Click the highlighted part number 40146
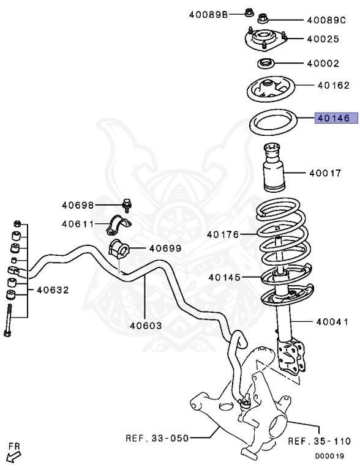point(332,118)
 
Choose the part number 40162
point(333,86)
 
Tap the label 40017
point(324,173)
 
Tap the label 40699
point(148,248)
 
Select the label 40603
point(145,326)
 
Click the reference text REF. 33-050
point(156,438)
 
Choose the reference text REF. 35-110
point(318,441)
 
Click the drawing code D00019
point(329,456)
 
